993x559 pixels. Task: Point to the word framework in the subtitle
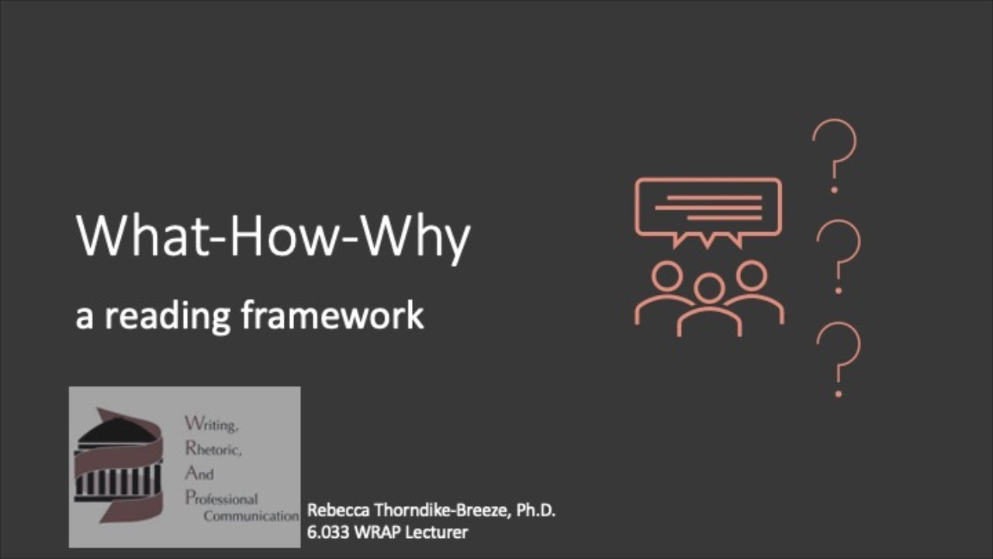pyautogui.click(x=332, y=315)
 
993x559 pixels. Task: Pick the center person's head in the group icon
pyautogui.click(x=709, y=288)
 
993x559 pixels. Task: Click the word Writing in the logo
pyautogui.click(x=211, y=425)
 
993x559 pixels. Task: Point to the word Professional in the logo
pyautogui.click(x=221, y=498)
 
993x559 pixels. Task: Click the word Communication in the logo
pyautogui.click(x=251, y=516)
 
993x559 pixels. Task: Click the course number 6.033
pyautogui.click(x=329, y=533)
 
